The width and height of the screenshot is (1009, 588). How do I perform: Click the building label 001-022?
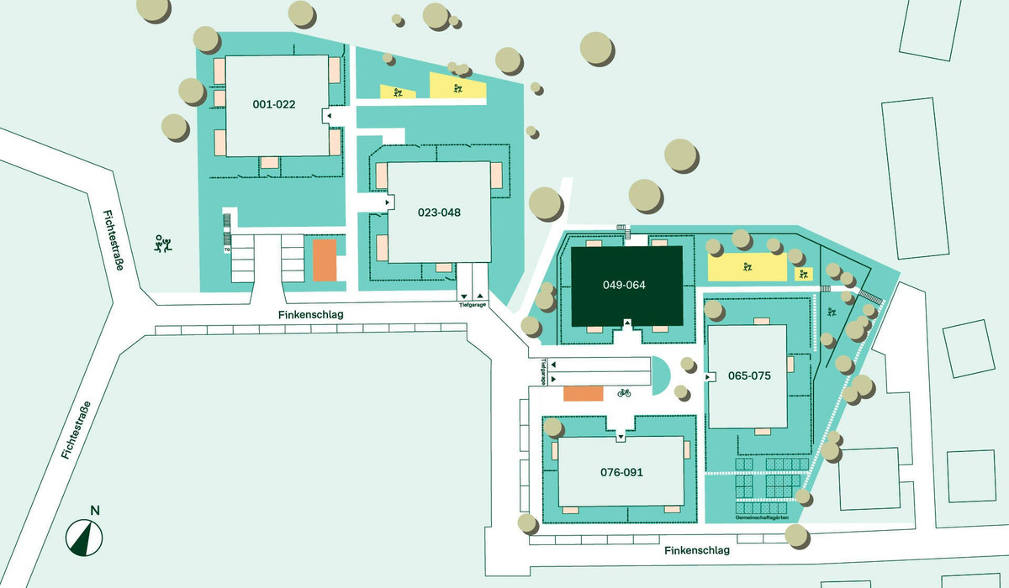(x=274, y=104)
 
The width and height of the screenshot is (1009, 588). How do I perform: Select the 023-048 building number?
(x=439, y=213)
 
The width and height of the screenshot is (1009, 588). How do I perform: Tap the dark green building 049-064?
(x=626, y=286)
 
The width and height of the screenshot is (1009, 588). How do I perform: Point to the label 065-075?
(x=749, y=375)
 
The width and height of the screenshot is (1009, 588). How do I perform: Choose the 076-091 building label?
(x=621, y=472)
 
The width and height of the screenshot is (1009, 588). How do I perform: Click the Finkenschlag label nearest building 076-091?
(x=697, y=550)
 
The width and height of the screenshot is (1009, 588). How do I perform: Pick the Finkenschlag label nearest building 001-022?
(x=311, y=314)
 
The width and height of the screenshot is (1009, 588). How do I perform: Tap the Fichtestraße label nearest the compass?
(x=76, y=430)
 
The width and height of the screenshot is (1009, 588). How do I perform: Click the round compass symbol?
(x=84, y=538)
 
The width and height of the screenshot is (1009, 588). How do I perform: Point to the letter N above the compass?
(x=95, y=511)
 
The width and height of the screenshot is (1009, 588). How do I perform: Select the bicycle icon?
(x=624, y=393)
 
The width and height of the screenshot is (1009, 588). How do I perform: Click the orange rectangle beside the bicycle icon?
(x=584, y=394)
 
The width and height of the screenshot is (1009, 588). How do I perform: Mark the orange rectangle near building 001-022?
(x=325, y=260)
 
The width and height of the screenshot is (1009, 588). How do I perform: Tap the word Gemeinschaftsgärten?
(x=762, y=517)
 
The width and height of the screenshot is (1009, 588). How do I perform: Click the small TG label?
(x=227, y=249)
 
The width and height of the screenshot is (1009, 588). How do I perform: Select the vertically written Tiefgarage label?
(x=543, y=372)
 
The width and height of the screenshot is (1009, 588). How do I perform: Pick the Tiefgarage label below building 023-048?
(x=473, y=305)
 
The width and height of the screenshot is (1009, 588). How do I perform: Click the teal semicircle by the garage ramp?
(x=660, y=375)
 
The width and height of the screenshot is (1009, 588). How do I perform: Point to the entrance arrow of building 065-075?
(x=708, y=376)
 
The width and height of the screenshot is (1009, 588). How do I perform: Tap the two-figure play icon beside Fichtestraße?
(x=162, y=244)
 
